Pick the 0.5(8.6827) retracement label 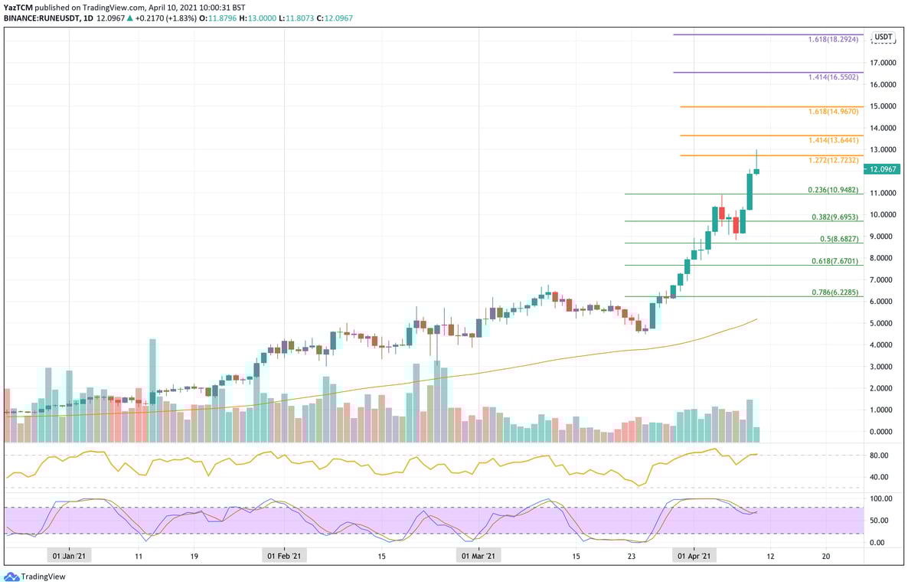[x=840, y=239]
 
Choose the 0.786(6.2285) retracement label [x=835, y=292]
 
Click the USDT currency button [x=884, y=37]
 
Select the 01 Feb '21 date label [x=284, y=556]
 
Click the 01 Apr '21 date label [x=695, y=556]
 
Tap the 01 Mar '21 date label [x=478, y=556]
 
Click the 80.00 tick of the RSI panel [x=880, y=456]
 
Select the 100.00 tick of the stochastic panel [x=880, y=498]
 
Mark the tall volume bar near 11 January [x=152, y=390]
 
